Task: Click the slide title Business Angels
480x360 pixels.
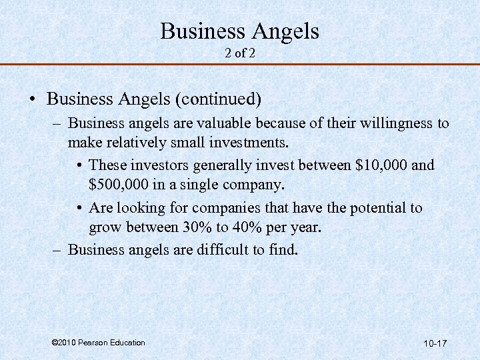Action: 240,31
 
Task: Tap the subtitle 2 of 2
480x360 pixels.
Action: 240,53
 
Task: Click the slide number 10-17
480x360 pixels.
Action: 435,343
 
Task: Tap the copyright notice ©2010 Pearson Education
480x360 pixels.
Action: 98,343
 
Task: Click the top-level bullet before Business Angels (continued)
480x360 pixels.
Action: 32,100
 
